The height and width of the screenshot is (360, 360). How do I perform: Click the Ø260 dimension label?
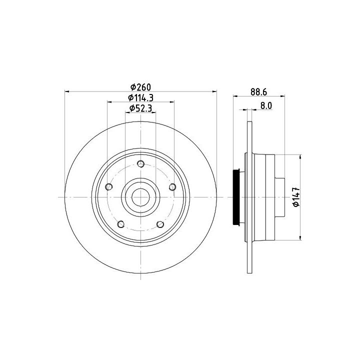click(x=140, y=87)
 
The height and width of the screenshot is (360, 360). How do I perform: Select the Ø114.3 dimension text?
click(x=140, y=98)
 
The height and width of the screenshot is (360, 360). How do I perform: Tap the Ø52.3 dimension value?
click(x=140, y=108)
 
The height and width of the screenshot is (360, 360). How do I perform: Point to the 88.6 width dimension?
click(x=259, y=92)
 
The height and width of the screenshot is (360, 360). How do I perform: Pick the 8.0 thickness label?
click(x=266, y=105)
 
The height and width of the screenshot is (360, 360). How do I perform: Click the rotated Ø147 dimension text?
click(x=296, y=197)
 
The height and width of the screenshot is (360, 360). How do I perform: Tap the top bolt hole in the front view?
click(x=140, y=164)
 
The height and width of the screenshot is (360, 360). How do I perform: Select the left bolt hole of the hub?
click(x=109, y=187)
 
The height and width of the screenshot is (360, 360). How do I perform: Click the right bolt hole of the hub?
click(x=172, y=187)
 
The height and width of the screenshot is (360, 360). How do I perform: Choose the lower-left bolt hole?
click(x=121, y=224)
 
